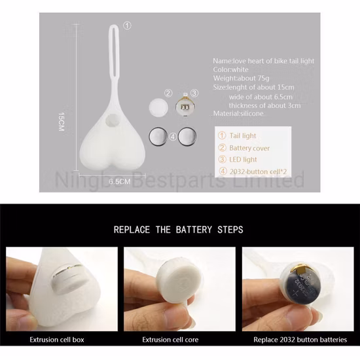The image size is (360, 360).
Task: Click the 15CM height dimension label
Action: [x=61, y=122]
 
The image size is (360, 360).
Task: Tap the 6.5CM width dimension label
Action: [x=120, y=181]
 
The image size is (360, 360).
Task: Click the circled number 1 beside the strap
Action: [x=128, y=26]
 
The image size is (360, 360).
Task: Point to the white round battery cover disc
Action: [x=158, y=107]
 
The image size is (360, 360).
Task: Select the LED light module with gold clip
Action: [x=185, y=106]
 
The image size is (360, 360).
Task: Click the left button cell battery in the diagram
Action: [x=158, y=136]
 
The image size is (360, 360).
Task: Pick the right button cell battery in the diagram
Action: [x=187, y=136]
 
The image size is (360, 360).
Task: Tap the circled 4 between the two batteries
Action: [x=173, y=137]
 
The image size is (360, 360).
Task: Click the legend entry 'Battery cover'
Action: [x=249, y=148]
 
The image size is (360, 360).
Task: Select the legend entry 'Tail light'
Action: [x=243, y=135]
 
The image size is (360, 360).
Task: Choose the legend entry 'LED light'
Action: [x=243, y=159]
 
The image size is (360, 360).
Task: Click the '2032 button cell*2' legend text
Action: [x=259, y=171]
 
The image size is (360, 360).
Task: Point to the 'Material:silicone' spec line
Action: [x=238, y=113]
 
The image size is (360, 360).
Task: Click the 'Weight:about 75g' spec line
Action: [x=241, y=79]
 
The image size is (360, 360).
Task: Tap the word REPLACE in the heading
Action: [x=132, y=230]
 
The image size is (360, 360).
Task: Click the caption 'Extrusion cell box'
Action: [x=57, y=340]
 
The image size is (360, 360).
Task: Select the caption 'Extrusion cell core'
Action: [x=170, y=340]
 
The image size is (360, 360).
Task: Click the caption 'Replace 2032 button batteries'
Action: [x=300, y=340]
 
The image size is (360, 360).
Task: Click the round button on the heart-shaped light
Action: [x=111, y=120]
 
